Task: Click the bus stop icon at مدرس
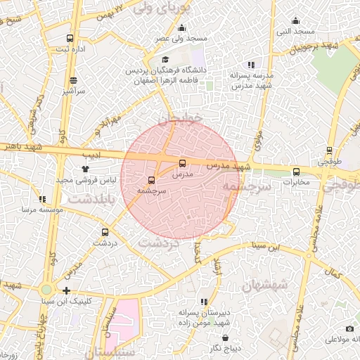183,162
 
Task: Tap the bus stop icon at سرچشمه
151,180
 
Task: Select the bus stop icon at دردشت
105,232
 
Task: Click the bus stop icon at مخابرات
296,171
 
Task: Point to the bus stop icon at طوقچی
329,150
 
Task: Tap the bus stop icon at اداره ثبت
69,38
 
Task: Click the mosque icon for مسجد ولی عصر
181,28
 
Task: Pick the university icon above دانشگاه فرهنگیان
165,60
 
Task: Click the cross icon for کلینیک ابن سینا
66,290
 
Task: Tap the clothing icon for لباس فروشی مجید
86,169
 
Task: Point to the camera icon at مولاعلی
349,329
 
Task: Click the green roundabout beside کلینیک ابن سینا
46,289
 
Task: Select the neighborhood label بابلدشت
86,200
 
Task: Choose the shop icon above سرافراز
74,81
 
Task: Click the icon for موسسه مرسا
42,200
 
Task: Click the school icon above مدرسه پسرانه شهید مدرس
251,65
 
